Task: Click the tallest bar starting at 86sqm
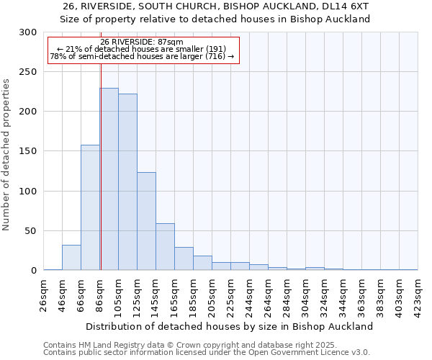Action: pyautogui.click(x=109, y=179)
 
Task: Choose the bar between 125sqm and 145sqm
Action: pyautogui.click(x=146, y=221)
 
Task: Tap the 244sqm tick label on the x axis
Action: pyautogui.click(x=250, y=294)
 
